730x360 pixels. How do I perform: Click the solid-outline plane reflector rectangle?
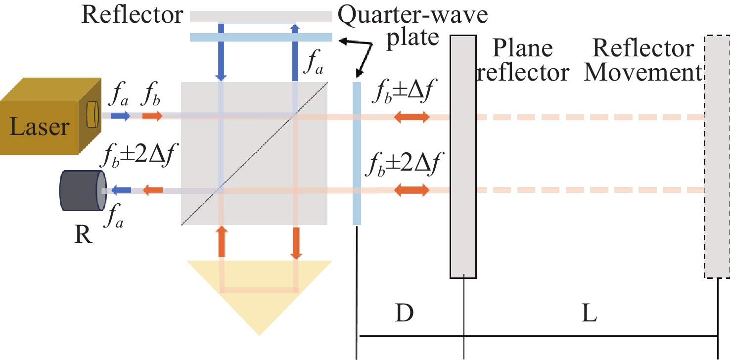[463, 156]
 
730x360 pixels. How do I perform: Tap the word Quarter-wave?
[412, 15]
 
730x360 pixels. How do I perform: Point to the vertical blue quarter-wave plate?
[356, 153]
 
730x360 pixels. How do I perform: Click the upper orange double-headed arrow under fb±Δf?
[411, 117]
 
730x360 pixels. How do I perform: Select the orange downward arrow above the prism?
[296, 243]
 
